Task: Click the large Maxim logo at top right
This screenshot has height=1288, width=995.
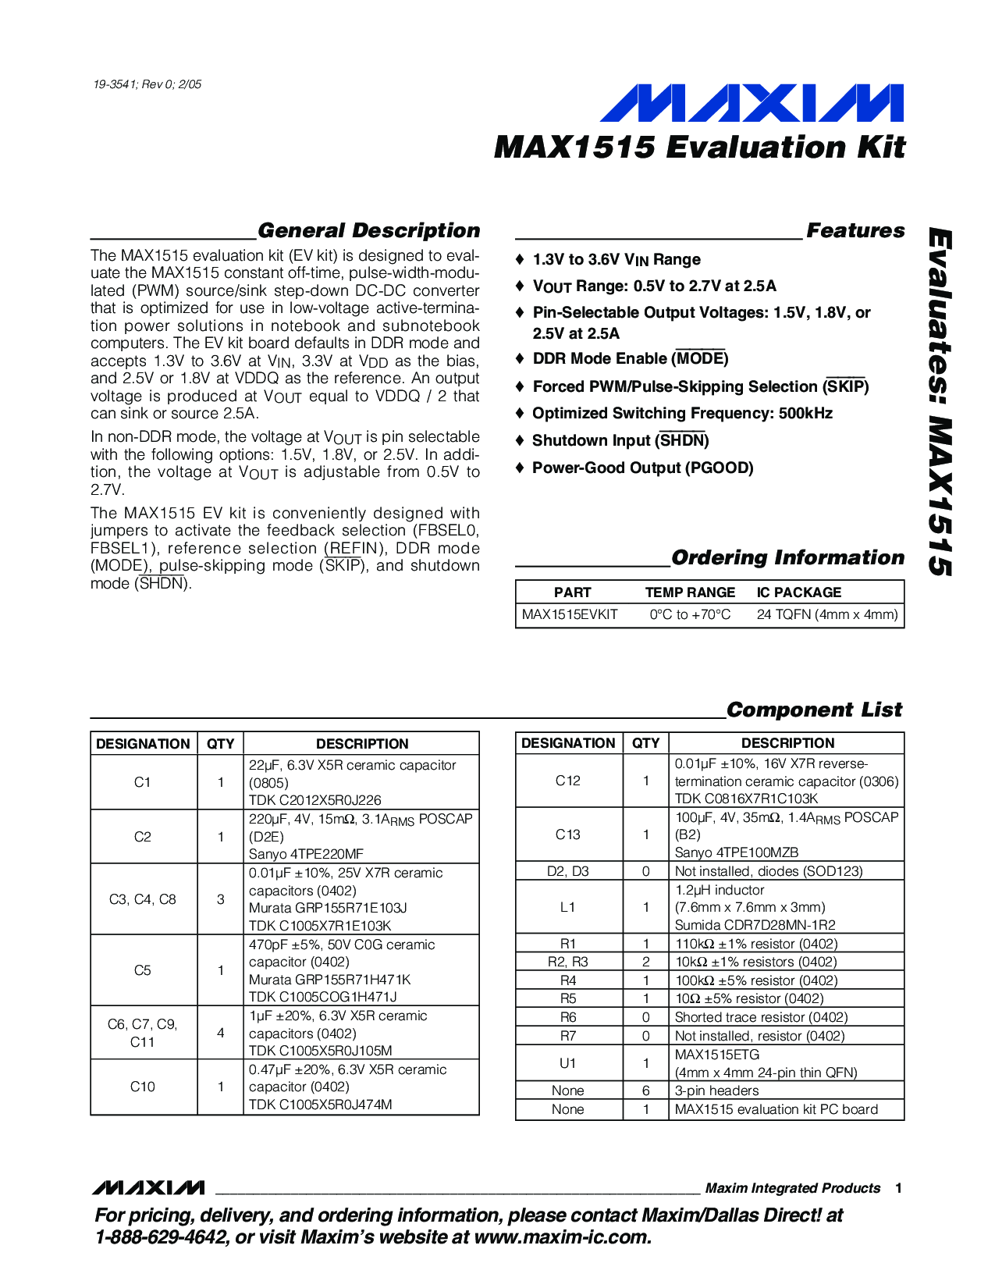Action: tap(751, 103)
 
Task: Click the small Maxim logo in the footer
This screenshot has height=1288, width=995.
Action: tap(148, 1187)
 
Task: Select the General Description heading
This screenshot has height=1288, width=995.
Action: tap(368, 230)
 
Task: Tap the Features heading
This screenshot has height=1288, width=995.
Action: tap(855, 230)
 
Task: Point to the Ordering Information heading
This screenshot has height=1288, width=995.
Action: tap(787, 557)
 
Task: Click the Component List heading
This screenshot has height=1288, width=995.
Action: tap(814, 710)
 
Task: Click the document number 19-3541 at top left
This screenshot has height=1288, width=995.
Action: tap(147, 84)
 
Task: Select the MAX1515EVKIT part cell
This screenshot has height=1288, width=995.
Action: tap(570, 614)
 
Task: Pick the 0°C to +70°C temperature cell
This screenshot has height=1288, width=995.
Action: tap(690, 614)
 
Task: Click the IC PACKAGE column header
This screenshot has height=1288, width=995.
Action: tap(799, 592)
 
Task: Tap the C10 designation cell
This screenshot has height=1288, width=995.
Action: tap(143, 1087)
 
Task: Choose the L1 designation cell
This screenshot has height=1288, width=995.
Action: tap(568, 907)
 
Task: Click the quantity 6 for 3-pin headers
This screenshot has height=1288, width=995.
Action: tap(645, 1091)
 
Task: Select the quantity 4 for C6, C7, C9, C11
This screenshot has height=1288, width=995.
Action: tap(221, 1033)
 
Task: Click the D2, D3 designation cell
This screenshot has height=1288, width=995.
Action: tap(568, 871)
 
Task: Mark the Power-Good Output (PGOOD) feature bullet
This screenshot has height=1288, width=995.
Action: tap(642, 468)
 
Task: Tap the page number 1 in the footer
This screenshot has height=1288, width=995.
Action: tap(899, 1188)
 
